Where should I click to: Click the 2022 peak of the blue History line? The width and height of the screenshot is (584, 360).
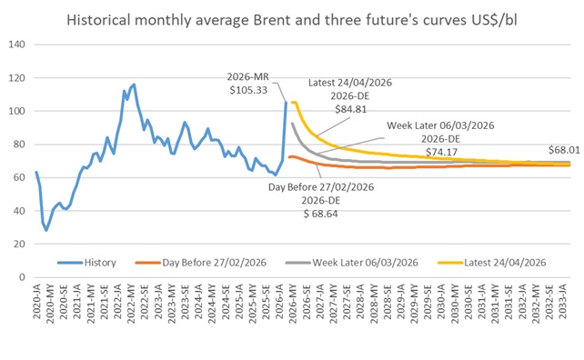tap(134, 85)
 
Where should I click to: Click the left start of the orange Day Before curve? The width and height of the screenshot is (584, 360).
tap(288, 157)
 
